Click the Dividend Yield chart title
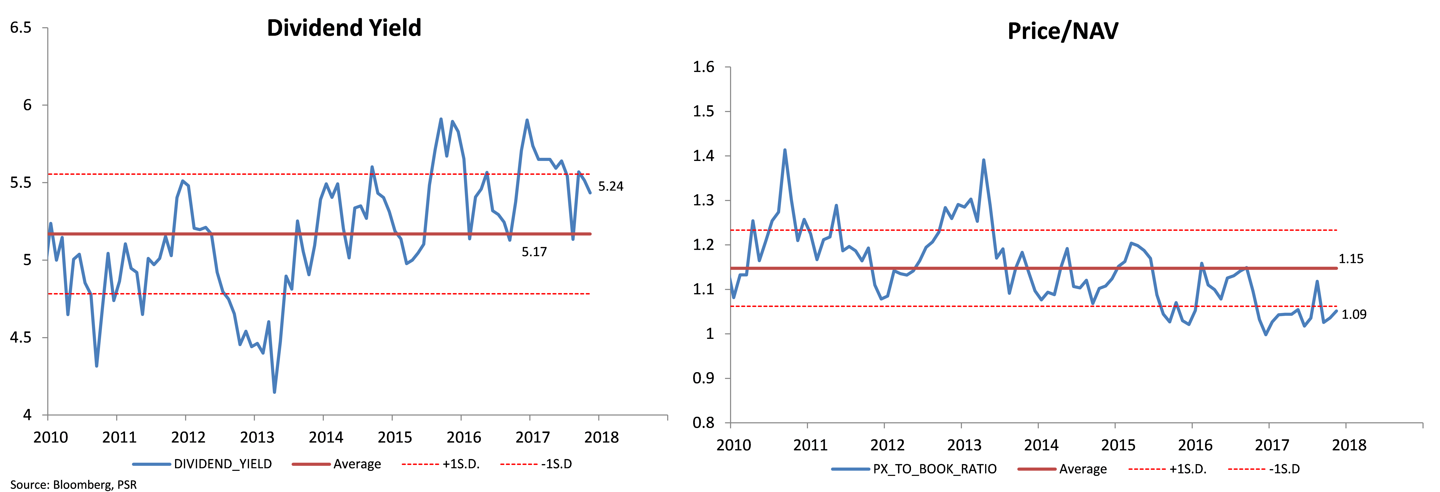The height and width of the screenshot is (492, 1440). coord(344,28)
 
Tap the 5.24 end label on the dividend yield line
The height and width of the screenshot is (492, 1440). coord(610,186)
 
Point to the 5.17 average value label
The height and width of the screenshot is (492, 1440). coord(534,252)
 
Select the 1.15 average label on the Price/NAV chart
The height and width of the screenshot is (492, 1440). coord(1350,259)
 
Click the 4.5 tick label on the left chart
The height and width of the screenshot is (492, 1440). coord(21,337)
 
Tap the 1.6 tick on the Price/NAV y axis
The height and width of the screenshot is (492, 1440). coord(703,67)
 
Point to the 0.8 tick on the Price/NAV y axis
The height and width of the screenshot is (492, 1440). coord(703,423)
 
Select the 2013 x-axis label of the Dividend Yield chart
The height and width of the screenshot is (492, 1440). coord(257,437)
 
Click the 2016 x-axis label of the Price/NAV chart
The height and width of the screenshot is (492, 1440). coord(1195,445)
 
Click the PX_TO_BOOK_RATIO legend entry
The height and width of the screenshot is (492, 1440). coord(913,469)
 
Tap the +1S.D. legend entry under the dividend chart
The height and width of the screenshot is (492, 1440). coord(441,464)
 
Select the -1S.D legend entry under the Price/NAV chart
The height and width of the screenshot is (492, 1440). coord(1264,469)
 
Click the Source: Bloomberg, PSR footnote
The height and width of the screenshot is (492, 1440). coord(73,485)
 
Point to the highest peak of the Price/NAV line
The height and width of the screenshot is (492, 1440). coord(785,150)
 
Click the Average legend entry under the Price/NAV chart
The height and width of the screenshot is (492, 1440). coord(1062,469)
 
